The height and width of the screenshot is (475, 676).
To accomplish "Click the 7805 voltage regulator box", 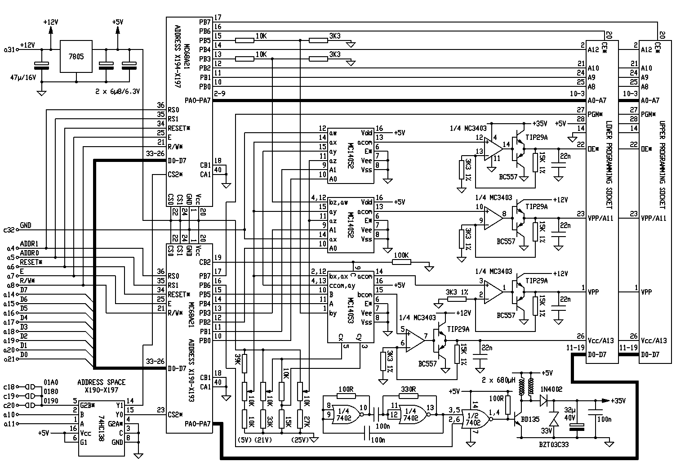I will tap(76, 57).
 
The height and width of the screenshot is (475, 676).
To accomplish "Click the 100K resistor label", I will tap(401, 255).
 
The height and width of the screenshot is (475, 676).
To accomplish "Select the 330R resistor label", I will tap(408, 389).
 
